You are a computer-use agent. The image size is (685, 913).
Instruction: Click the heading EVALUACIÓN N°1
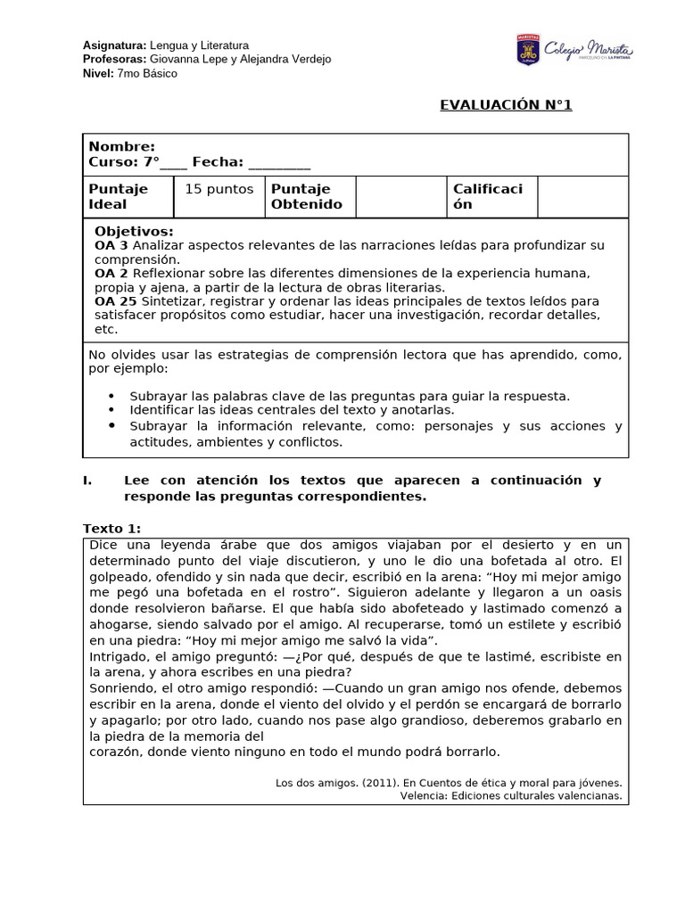(x=506, y=105)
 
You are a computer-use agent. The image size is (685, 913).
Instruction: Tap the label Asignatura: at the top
(x=114, y=45)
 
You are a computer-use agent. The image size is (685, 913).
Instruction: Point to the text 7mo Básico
(x=146, y=74)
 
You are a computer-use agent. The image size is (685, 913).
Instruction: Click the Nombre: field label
(x=121, y=147)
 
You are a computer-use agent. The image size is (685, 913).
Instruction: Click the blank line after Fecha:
(x=279, y=162)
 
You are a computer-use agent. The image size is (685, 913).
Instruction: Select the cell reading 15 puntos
(x=219, y=189)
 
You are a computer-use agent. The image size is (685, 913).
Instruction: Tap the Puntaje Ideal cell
(x=119, y=197)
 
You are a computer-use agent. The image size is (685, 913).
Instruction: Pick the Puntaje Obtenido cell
(x=307, y=197)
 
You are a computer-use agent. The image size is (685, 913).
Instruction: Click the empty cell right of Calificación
(x=582, y=197)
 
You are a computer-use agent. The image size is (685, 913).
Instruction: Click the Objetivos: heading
(x=134, y=232)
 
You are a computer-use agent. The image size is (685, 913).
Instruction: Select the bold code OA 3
(x=111, y=245)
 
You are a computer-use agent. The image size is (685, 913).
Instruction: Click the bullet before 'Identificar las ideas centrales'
(x=111, y=410)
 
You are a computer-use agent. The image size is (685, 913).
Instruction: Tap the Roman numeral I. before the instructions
(x=87, y=481)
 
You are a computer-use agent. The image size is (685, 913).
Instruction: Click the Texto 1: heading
(x=111, y=529)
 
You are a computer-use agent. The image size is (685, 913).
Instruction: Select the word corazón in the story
(x=115, y=752)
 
